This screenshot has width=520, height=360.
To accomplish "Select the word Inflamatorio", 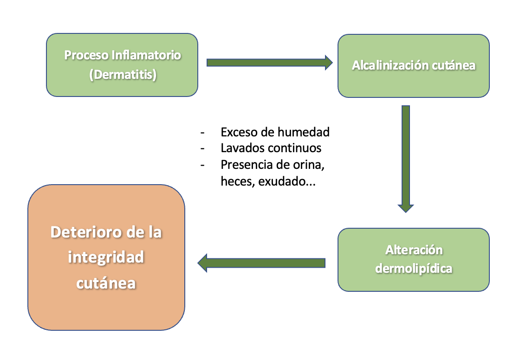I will tap(147, 55).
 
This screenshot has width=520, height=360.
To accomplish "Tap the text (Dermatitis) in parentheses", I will tap(122, 74).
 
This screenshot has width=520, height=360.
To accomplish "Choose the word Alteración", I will tap(414, 250).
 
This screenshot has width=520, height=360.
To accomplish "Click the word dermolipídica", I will tap(414, 268).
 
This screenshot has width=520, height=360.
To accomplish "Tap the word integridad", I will tap(106, 257).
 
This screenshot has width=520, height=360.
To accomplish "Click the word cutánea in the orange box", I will tap(106, 283).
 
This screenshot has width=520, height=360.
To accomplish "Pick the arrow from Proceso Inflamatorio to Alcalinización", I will tap(269, 62).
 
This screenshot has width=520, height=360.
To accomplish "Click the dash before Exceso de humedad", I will tap(202, 132).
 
